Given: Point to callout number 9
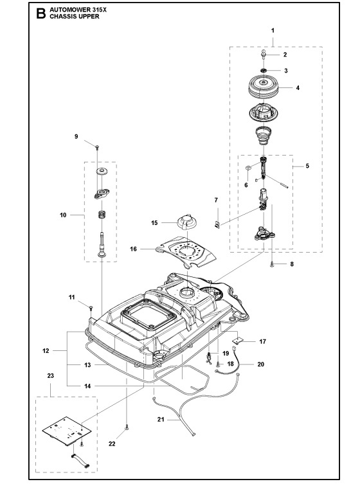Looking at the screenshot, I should (x=76, y=136).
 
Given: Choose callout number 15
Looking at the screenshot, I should (x=154, y=222).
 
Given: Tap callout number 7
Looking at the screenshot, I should (x=216, y=201).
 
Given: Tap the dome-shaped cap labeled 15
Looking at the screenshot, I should (x=186, y=222).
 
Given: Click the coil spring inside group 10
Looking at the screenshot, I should (x=101, y=215).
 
